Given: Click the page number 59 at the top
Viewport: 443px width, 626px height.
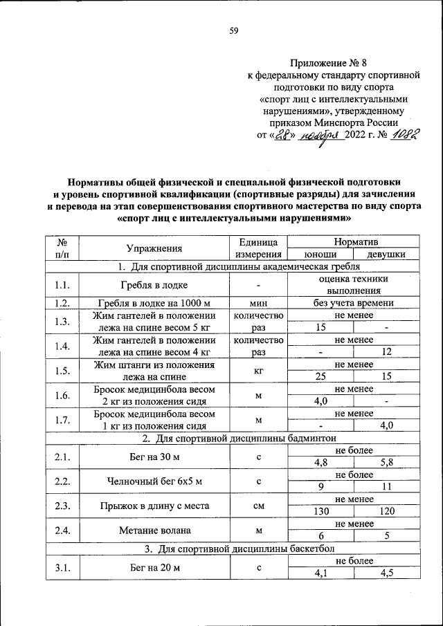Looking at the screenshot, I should pyautogui.click(x=234, y=30).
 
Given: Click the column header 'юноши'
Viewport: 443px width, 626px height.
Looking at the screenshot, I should pyautogui.click(x=320, y=255).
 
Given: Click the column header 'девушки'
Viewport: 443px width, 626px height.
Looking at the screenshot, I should pyautogui.click(x=386, y=255).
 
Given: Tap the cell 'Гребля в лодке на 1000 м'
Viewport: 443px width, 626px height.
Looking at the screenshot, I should pyautogui.click(x=154, y=303).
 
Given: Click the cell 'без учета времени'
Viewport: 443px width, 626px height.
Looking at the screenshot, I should pyautogui.click(x=354, y=303).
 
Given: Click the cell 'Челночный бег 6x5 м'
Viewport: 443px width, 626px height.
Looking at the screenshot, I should pyautogui.click(x=154, y=481).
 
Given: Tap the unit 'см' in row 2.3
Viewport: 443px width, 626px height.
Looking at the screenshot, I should pyautogui.click(x=257, y=506).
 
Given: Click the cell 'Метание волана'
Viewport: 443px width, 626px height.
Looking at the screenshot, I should pyautogui.click(x=154, y=530).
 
